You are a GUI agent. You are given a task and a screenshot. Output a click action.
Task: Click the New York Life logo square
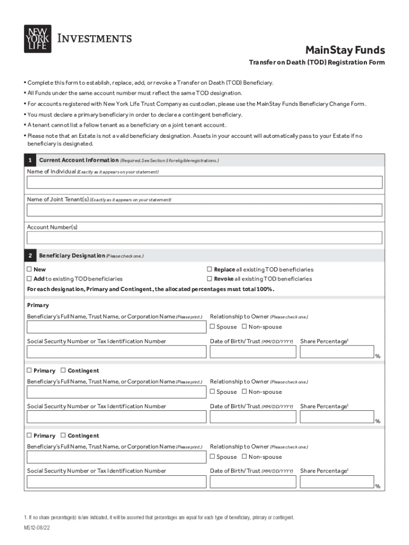[x=37, y=38]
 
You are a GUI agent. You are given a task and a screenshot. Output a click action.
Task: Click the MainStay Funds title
[x=345, y=51]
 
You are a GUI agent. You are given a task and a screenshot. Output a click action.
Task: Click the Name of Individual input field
[x=204, y=183]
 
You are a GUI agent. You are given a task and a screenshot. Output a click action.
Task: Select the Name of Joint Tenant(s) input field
[x=204, y=210]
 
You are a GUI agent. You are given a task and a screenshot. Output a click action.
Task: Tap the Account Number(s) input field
[x=204, y=237]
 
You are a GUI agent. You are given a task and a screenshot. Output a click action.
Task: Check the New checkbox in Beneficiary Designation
[x=30, y=269]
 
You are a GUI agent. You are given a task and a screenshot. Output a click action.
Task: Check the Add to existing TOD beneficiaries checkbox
[x=30, y=278]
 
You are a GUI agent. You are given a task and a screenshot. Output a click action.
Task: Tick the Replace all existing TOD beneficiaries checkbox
[x=210, y=269]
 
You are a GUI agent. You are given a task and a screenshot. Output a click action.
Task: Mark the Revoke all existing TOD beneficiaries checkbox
[x=210, y=278]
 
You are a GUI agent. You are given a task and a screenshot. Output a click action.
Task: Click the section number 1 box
[x=30, y=160]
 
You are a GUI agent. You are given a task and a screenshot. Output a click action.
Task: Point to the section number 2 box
[x=30, y=256]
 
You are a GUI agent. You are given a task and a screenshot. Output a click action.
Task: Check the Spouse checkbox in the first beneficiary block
[x=212, y=327]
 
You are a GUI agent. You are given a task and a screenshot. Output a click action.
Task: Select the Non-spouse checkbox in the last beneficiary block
[x=244, y=457]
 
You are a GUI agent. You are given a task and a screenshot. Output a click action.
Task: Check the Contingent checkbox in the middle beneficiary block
[x=63, y=370]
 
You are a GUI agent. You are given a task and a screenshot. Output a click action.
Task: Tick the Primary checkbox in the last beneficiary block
[x=30, y=435]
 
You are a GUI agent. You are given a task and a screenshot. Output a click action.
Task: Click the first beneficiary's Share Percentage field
[x=337, y=352]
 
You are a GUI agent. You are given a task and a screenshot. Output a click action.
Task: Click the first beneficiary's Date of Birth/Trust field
[x=253, y=352]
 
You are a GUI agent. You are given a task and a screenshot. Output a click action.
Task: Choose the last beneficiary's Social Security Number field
[x=116, y=482]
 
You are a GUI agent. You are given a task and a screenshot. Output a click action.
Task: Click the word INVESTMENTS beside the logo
[x=94, y=39]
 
